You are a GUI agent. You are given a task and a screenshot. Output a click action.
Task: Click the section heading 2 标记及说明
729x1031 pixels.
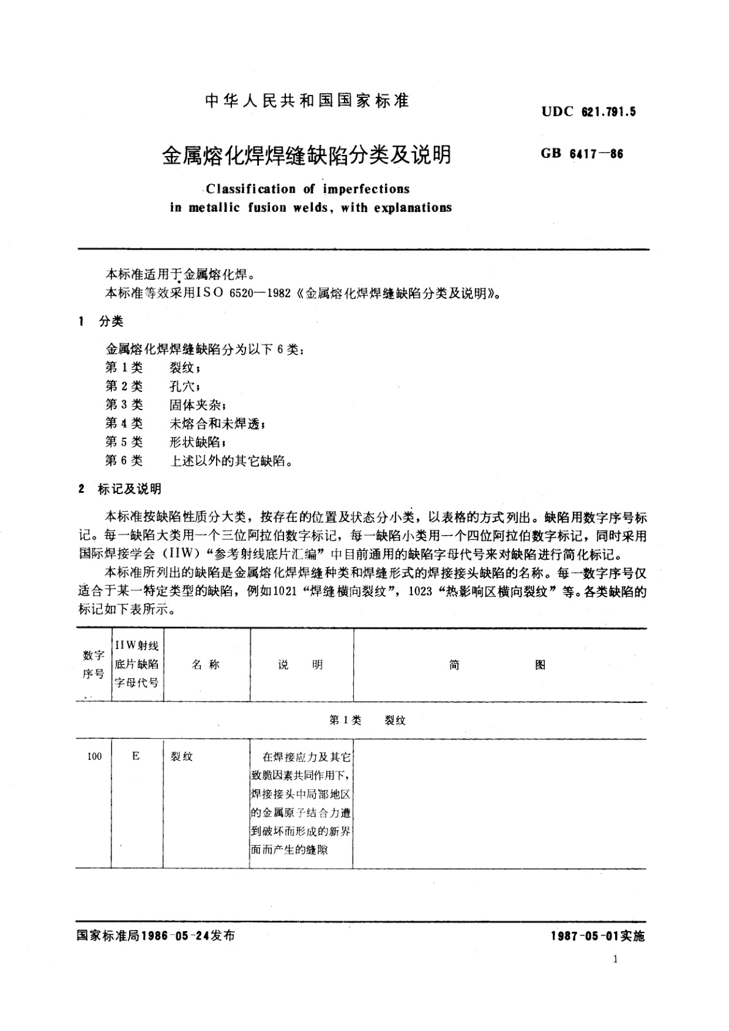point(120,489)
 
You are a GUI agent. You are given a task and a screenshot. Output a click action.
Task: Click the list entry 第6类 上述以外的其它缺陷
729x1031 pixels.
point(198,460)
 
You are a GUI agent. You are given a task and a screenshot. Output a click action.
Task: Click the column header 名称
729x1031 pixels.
point(206,665)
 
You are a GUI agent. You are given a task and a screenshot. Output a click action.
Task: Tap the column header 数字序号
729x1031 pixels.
point(94,665)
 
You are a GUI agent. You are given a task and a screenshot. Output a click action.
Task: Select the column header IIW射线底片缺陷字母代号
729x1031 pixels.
point(136,665)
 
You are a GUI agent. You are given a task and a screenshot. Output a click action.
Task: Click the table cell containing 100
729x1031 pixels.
point(94,757)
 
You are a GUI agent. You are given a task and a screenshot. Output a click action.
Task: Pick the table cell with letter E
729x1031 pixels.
point(136,757)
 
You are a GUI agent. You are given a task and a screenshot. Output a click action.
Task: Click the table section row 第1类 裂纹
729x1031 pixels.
point(367,721)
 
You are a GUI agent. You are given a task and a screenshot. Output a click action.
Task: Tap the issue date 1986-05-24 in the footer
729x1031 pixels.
point(174,936)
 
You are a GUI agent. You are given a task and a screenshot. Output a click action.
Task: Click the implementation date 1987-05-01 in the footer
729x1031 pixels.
point(585,936)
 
